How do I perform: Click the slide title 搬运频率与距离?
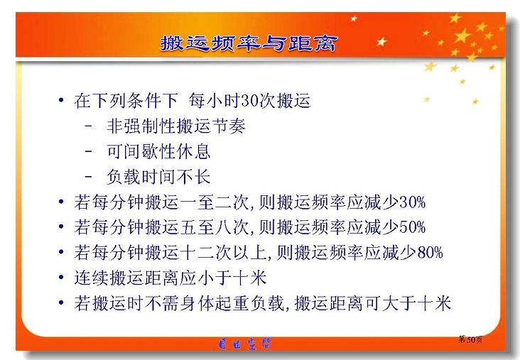pos(249,43)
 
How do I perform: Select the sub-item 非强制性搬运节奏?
pos(175,126)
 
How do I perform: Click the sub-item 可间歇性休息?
pos(158,151)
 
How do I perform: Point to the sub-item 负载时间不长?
pos(158,177)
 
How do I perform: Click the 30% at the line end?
pos(412,202)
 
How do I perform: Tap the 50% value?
pos(412,227)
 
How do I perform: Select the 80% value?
pos(430,252)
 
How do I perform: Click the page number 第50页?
pos(470,339)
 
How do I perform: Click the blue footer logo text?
pos(245,344)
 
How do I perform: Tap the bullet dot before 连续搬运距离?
pos(61,277)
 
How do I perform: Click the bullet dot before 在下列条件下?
pos(61,100)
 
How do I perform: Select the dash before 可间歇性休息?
pos(89,151)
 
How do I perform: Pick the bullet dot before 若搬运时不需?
pos(61,302)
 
